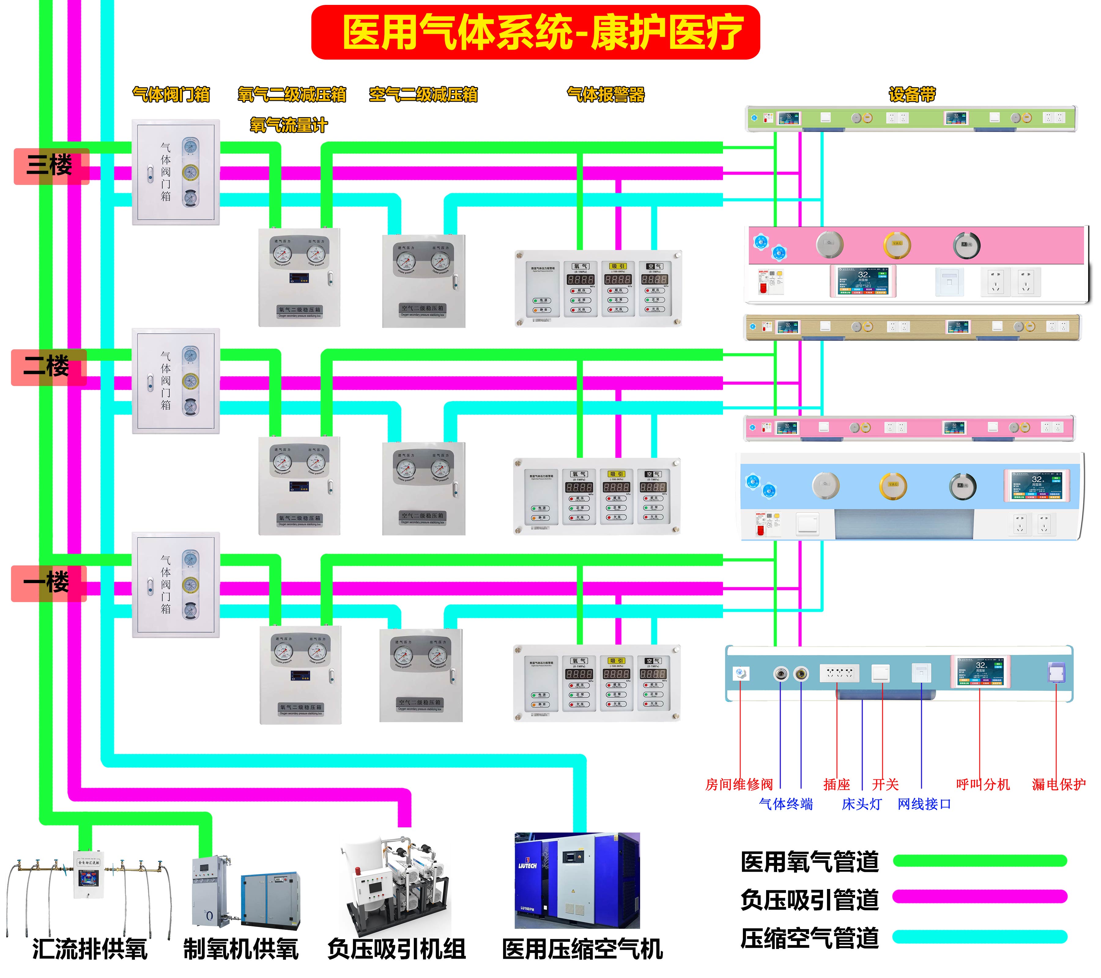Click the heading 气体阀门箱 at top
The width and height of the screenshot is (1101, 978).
(x=171, y=95)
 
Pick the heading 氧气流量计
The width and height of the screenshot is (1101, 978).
(x=288, y=125)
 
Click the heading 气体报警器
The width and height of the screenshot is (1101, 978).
(x=606, y=95)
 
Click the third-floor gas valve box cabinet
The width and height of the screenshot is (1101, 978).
(x=176, y=172)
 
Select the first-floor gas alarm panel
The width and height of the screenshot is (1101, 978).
(x=597, y=682)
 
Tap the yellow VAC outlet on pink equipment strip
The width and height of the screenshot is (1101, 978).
(x=896, y=245)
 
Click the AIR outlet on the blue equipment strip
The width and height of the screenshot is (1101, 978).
(x=962, y=486)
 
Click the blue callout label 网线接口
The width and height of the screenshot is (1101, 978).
(x=924, y=804)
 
